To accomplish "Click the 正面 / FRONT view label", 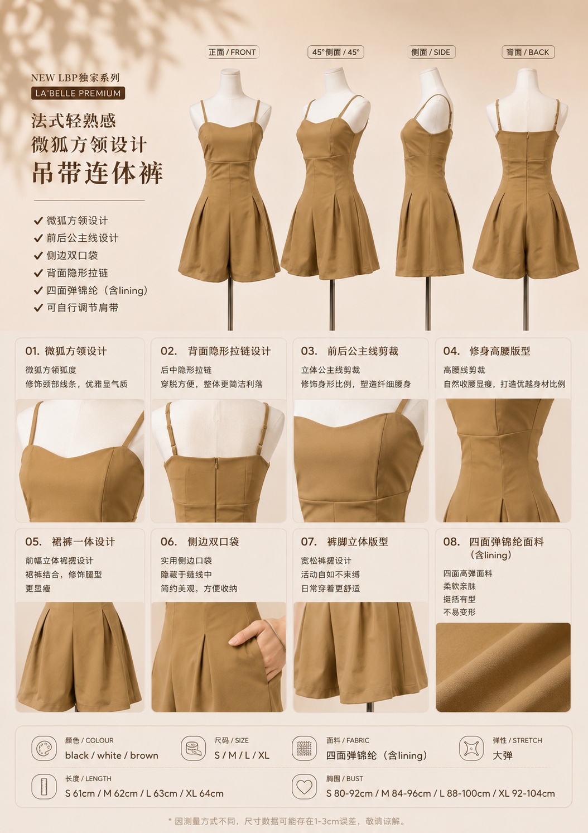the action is pyautogui.click(x=232, y=52).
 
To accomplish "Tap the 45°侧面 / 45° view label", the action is pyautogui.click(x=336, y=52).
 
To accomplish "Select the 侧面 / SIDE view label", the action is pyautogui.click(x=431, y=52).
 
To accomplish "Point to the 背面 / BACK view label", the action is pyautogui.click(x=528, y=52).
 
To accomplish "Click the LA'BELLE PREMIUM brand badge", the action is pyautogui.click(x=78, y=93).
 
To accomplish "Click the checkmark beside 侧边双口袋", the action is pyautogui.click(x=38, y=256).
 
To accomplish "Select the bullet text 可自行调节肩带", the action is pyautogui.click(x=83, y=308).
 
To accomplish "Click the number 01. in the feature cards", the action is pyautogui.click(x=32, y=351).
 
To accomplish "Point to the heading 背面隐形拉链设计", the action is pyautogui.click(x=229, y=351).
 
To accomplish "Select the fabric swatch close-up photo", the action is pyautogui.click(x=503, y=668).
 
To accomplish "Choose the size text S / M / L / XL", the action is pyautogui.click(x=242, y=755).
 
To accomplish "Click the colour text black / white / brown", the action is pyautogui.click(x=112, y=755).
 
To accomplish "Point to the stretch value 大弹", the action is pyautogui.click(x=503, y=755).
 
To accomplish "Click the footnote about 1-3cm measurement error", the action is pyautogui.click(x=287, y=821).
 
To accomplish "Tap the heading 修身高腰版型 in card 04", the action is pyautogui.click(x=499, y=351).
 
